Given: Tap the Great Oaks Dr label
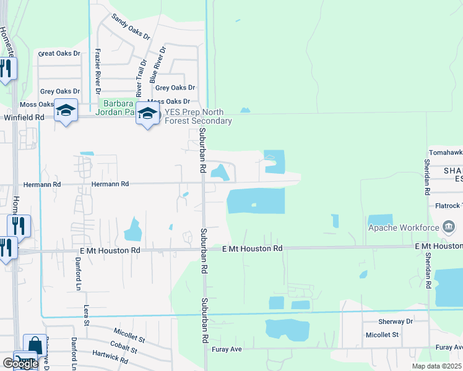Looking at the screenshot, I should pyautogui.click(x=59, y=54).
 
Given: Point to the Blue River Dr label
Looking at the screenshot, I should pyautogui.click(x=158, y=64).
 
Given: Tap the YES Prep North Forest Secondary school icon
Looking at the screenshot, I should pyautogui.click(x=147, y=113).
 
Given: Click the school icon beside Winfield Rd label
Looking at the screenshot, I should pyautogui.click(x=66, y=110).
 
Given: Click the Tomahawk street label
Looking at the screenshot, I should pyautogui.click(x=446, y=152).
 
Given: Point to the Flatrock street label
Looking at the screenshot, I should pyautogui.click(x=449, y=206).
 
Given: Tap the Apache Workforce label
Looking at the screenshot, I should pyautogui.click(x=403, y=228).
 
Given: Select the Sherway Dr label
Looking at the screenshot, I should pyautogui.click(x=396, y=322).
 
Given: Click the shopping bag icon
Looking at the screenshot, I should pyautogui.click(x=35, y=345).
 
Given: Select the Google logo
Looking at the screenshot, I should pyautogui.click(x=20, y=364).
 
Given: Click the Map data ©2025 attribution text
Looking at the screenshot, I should pyautogui.click(x=436, y=366).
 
